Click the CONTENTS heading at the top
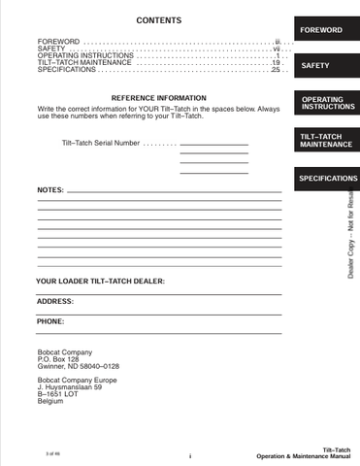pyautogui.click(x=159, y=20)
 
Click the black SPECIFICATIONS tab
pyautogui.click(x=326, y=180)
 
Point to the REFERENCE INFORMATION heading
pyautogui.click(x=159, y=99)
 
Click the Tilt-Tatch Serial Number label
pyautogui.click(x=99, y=145)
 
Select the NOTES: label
pyautogui.click(x=50, y=189)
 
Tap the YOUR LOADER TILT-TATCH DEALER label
pyautogui.click(x=100, y=281)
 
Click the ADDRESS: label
pyautogui.click(x=54, y=301)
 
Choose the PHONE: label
pyautogui.click(x=50, y=320)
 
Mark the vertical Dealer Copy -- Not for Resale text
pyautogui.click(x=350, y=230)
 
